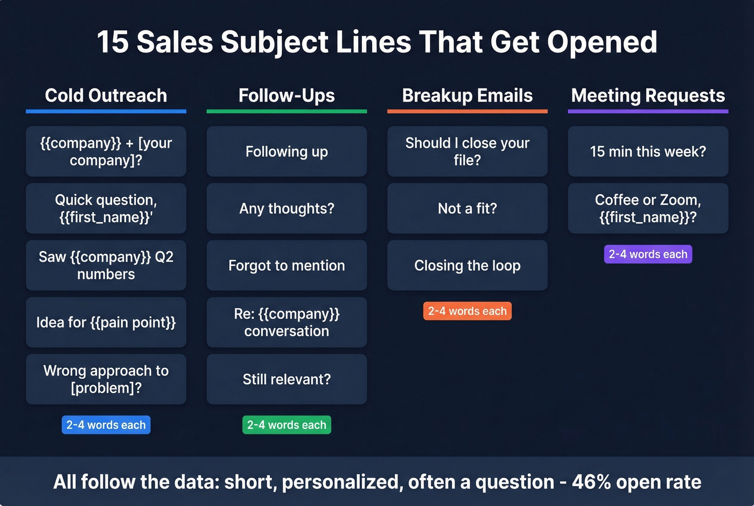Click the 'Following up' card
(287, 151)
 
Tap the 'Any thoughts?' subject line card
(287, 209)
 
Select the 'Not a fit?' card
(467, 209)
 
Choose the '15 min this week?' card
(648, 151)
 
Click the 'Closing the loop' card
(467, 265)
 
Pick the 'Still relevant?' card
(287, 379)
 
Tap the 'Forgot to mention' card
(287, 265)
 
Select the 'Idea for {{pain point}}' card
(106, 322)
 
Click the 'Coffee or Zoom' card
(648, 209)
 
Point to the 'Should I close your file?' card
(467, 151)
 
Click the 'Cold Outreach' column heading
(106, 95)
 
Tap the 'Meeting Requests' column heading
(648, 95)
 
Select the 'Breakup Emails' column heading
(467, 95)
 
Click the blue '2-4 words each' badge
(106, 425)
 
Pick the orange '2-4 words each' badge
(467, 311)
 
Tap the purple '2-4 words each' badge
(648, 254)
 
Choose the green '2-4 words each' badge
(287, 425)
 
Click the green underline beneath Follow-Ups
(287, 112)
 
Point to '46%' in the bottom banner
(591, 482)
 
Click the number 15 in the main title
(113, 42)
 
